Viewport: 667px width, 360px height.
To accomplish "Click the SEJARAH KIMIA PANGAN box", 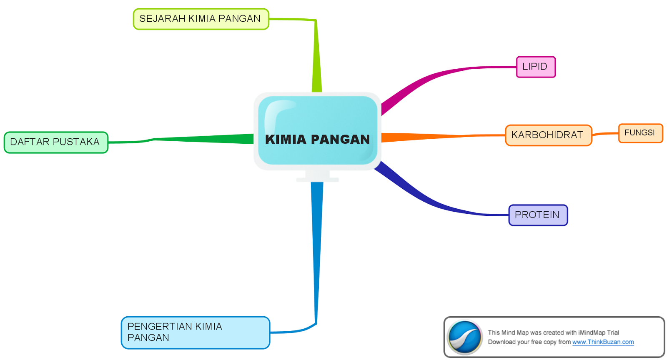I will (x=201, y=19).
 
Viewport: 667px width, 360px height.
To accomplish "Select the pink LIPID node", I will (x=536, y=67).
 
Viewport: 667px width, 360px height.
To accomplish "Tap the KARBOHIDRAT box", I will (x=548, y=135).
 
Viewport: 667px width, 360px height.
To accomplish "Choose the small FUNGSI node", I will (x=640, y=133).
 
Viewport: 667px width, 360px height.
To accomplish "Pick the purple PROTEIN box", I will (x=538, y=215).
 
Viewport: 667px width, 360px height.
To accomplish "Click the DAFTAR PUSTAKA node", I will (x=56, y=142).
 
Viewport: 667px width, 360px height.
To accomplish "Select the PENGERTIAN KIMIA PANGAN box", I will (x=195, y=332).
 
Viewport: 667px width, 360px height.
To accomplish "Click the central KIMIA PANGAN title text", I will (x=318, y=140).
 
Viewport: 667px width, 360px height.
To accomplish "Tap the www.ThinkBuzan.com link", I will (x=603, y=342).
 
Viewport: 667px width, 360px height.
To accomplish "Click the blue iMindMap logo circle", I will (x=464, y=337).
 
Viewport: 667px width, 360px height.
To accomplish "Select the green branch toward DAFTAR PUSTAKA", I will (x=200, y=139).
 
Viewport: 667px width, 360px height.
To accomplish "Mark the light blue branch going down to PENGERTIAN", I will (x=317, y=250).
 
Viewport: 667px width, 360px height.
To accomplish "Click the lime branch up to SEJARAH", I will (x=316, y=58).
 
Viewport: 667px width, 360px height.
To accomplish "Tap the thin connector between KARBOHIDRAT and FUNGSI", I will (x=605, y=134).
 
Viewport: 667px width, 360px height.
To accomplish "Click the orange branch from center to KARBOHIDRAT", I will (x=438, y=136).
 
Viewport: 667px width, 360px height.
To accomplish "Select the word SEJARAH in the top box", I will (x=162, y=19).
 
